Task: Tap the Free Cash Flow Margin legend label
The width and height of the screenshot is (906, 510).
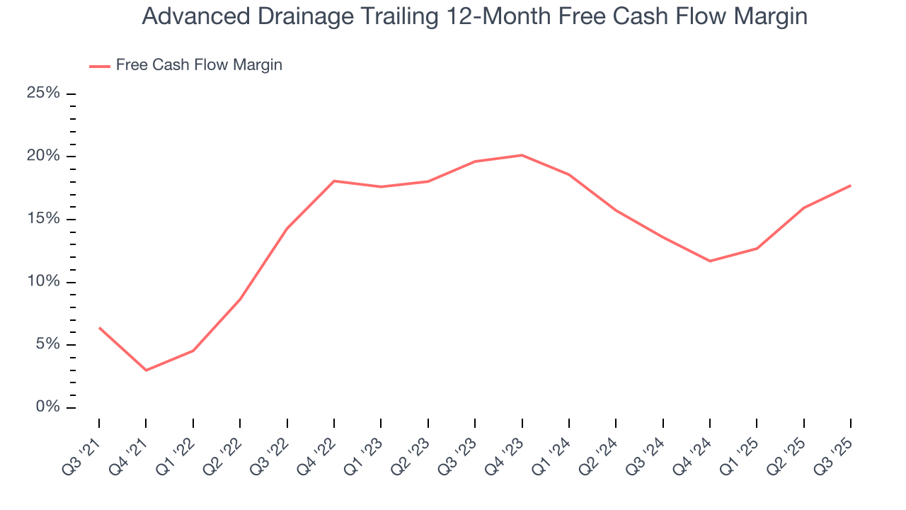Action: point(199,65)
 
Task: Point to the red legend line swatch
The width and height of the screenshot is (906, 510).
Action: point(100,66)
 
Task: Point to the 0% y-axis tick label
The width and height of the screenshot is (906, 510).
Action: point(48,407)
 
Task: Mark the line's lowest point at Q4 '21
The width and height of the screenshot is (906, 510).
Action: point(146,370)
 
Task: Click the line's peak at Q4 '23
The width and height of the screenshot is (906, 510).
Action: point(522,155)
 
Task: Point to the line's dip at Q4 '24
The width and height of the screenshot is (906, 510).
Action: point(710,261)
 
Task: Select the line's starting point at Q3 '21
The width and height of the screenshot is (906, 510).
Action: point(99,327)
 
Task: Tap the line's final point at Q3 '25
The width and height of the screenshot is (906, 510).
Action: point(850,186)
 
